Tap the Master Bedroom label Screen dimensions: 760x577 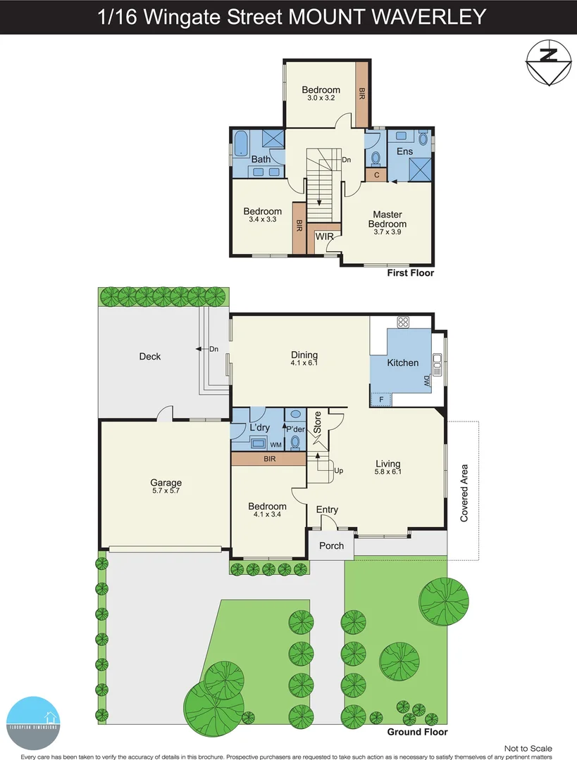point(387,219)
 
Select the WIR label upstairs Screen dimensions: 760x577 point(324,236)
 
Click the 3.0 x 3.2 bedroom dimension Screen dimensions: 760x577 point(321,98)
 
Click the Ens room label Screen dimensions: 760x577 point(404,151)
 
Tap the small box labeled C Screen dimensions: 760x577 point(377,175)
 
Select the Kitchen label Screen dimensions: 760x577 point(403,363)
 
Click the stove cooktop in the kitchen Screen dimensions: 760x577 point(403,323)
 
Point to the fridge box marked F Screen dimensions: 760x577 point(381,400)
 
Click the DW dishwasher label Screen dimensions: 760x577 point(427,381)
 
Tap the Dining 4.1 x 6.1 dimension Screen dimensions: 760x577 point(304,364)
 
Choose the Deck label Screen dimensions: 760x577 point(149,357)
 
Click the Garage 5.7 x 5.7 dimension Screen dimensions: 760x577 point(166,492)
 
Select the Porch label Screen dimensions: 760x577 point(331,545)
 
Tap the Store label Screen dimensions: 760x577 point(318,422)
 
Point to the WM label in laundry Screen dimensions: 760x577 point(275,444)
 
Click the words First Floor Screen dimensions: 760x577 point(411,273)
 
